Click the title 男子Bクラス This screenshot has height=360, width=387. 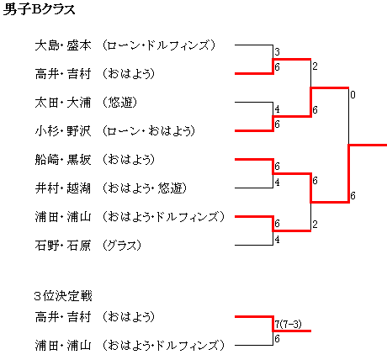tap(39, 9)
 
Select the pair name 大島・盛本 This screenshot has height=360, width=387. tap(63, 45)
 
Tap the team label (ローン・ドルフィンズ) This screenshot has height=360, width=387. tap(158, 45)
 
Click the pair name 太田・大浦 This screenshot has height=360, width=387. tap(63, 103)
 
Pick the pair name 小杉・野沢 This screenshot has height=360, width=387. tap(63, 131)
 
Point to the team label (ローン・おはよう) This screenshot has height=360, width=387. tap(148, 131)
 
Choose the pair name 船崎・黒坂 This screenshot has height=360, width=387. tap(63, 160)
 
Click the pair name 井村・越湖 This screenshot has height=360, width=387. tap(63, 188)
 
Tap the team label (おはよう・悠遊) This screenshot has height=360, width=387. tap(144, 188)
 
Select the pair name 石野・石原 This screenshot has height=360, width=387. tap(63, 246)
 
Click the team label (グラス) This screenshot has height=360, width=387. tap(121, 246)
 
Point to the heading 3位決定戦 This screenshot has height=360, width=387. tap(63, 296)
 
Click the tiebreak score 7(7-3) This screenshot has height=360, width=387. tap(288, 325)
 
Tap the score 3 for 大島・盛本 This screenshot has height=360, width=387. tap(277, 52)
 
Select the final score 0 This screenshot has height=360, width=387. tap(353, 95)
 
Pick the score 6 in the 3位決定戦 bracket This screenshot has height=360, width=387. tap(277, 339)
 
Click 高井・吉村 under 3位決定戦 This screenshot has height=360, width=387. tap(63, 317)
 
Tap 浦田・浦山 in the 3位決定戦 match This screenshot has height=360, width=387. tap(63, 346)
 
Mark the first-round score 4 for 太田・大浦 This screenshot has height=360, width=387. tap(277, 109)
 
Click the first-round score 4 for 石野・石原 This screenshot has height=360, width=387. tap(277, 240)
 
